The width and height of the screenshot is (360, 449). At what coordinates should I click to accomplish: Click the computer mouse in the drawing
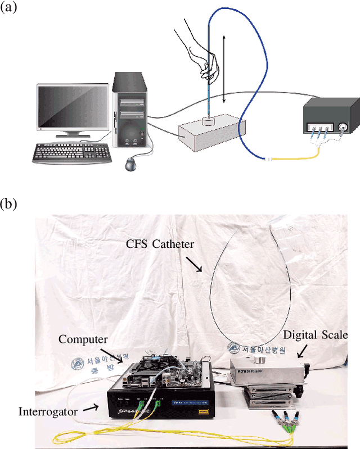(131, 165)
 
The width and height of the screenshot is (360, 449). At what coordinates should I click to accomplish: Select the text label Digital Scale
(316, 335)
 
